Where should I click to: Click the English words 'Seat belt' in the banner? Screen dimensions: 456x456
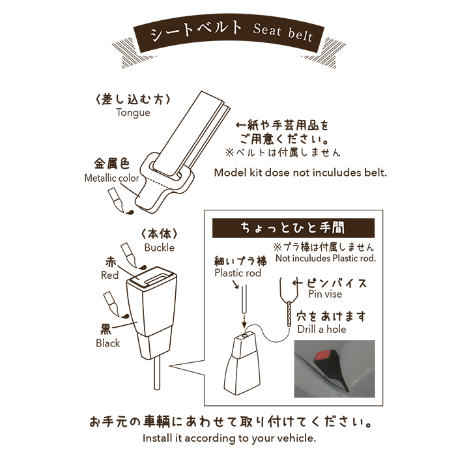(282, 33)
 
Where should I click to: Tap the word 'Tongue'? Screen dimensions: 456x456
(133, 113)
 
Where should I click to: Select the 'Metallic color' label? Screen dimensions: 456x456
(111, 178)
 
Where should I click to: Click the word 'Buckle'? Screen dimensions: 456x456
(160, 248)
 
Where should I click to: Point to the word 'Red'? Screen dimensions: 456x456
(109, 275)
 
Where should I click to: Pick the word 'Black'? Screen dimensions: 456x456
(108, 343)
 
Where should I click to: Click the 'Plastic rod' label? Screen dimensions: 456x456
(238, 273)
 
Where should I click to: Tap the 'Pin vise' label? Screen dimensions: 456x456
(325, 294)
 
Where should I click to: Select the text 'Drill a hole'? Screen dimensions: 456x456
(322, 329)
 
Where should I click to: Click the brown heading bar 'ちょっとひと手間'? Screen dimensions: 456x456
(293, 228)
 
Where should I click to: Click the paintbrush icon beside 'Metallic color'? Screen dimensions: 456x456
(117, 200)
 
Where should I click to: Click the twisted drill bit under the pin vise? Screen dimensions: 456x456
(289, 313)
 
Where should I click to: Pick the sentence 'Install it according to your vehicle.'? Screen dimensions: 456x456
(229, 438)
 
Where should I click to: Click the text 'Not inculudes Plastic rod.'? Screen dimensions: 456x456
(326, 258)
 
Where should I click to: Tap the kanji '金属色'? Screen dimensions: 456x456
(111, 164)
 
